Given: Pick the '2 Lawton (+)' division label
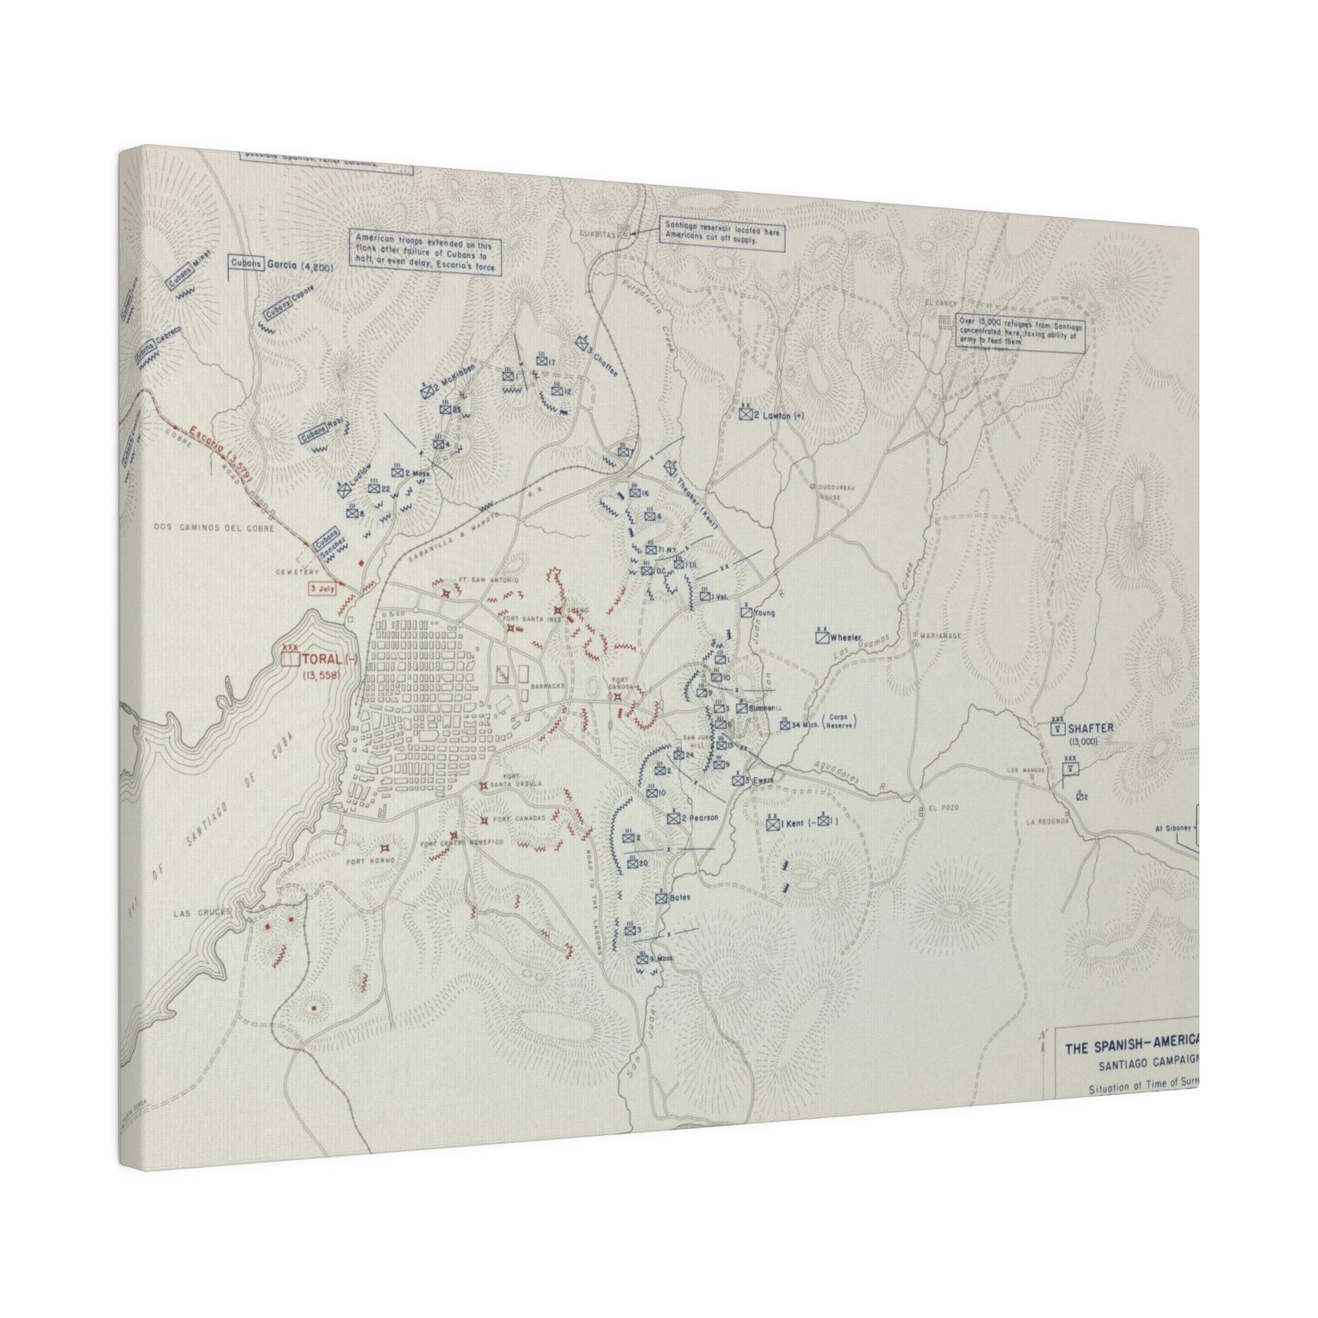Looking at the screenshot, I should pos(780,414).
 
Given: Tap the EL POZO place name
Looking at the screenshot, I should pos(943,808).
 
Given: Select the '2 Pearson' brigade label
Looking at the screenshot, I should pos(700,818).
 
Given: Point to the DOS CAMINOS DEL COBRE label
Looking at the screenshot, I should pos(214,528).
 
